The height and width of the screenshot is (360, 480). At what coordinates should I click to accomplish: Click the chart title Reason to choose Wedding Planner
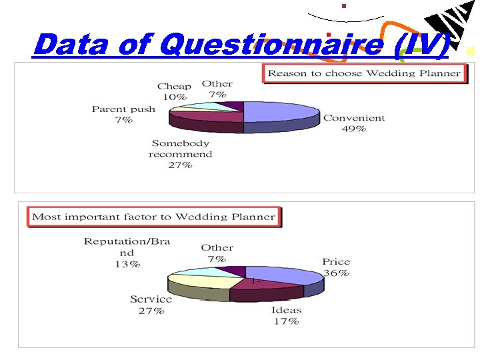pyautogui.click(x=364, y=73)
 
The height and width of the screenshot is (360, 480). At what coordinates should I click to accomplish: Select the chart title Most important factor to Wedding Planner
pyautogui.click(x=153, y=217)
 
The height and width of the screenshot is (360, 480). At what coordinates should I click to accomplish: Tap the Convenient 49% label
pyautogui.click(x=354, y=123)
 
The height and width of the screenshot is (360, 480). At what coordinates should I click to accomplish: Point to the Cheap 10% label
pyautogui.click(x=174, y=91)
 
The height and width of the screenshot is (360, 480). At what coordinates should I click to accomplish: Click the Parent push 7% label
pyautogui.click(x=123, y=114)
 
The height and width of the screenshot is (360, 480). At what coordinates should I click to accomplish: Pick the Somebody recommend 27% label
pyautogui.click(x=180, y=154)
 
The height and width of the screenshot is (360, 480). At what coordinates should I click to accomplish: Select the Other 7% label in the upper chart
pyautogui.click(x=217, y=89)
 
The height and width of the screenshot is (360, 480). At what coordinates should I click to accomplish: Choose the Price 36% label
pyautogui.click(x=336, y=267)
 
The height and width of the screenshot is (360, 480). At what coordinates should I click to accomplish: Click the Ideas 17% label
pyautogui.click(x=286, y=315)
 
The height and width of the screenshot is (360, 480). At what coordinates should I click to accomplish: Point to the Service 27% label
pyautogui.click(x=151, y=305)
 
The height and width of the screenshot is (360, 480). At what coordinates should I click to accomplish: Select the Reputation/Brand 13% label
pyautogui.click(x=127, y=253)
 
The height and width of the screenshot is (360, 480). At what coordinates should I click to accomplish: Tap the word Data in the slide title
pyautogui.click(x=73, y=45)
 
